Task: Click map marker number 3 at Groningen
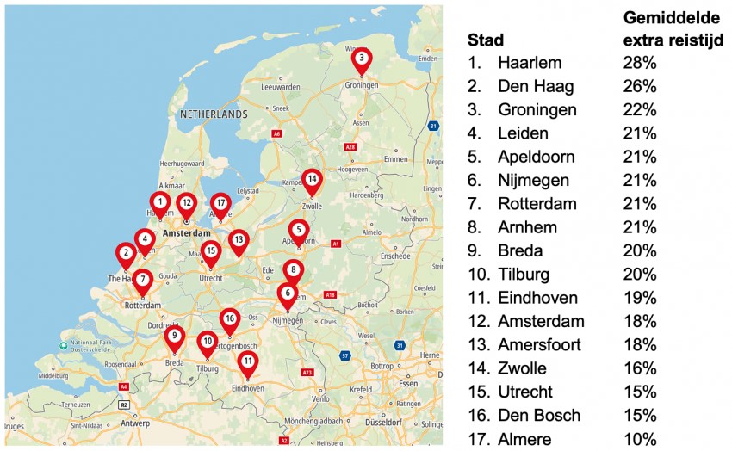(362, 59)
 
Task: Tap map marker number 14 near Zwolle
(312, 180)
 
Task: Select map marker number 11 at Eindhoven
(248, 361)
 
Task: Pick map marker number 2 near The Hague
(126, 253)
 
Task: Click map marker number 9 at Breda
(174, 337)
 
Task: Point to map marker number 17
(220, 204)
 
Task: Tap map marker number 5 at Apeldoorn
(298, 231)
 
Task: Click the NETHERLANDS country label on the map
(214, 114)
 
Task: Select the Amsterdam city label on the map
(187, 233)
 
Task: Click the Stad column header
(486, 40)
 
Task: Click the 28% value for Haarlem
(640, 63)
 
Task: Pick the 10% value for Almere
(640, 439)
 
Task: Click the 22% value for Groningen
(640, 110)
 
